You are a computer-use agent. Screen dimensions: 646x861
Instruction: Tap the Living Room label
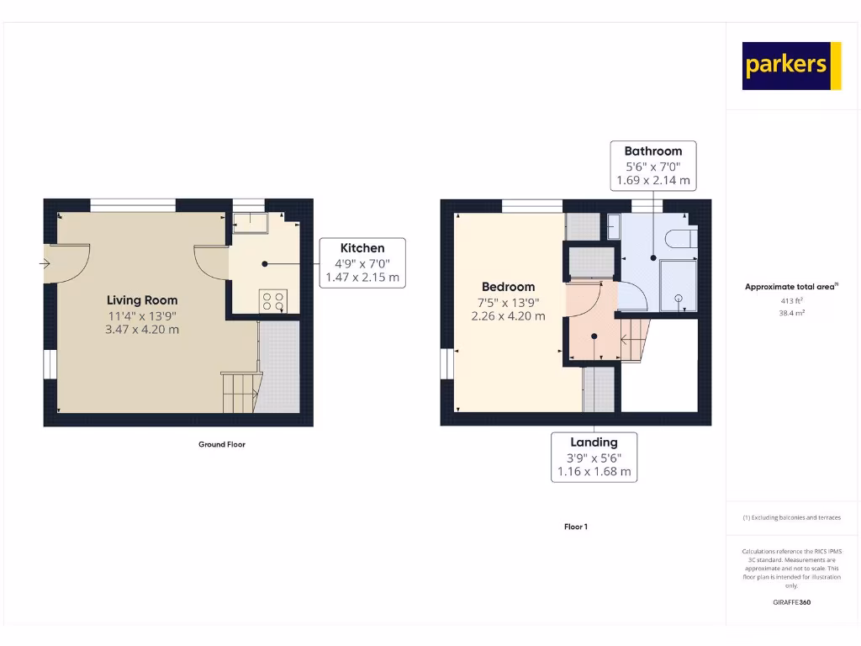(x=142, y=300)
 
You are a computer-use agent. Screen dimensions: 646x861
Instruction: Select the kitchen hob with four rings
(x=273, y=300)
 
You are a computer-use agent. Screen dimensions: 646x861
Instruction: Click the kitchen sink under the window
(x=249, y=222)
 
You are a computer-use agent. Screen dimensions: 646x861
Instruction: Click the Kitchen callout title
(x=362, y=248)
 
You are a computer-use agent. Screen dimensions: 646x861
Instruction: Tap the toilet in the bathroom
(x=680, y=240)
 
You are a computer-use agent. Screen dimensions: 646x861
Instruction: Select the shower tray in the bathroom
(x=677, y=285)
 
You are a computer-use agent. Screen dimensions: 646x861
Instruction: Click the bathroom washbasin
(x=612, y=226)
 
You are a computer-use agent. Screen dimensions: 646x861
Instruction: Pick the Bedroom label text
(x=508, y=287)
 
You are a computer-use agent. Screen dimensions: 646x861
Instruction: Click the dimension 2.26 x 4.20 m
(x=508, y=316)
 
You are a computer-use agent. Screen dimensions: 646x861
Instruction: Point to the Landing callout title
(x=594, y=442)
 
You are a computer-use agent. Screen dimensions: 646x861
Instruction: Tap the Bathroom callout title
(x=652, y=151)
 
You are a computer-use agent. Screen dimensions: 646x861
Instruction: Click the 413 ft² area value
(x=791, y=300)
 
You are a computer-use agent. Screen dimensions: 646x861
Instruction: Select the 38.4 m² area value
(x=791, y=312)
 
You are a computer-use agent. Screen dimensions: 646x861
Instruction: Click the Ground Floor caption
(x=222, y=444)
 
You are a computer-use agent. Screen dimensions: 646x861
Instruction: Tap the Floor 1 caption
(x=575, y=527)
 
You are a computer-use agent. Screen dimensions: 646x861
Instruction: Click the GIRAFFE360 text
(x=791, y=602)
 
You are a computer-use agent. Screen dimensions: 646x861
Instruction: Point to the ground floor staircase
(x=240, y=392)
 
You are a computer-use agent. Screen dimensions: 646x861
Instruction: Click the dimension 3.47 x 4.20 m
(x=142, y=330)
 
